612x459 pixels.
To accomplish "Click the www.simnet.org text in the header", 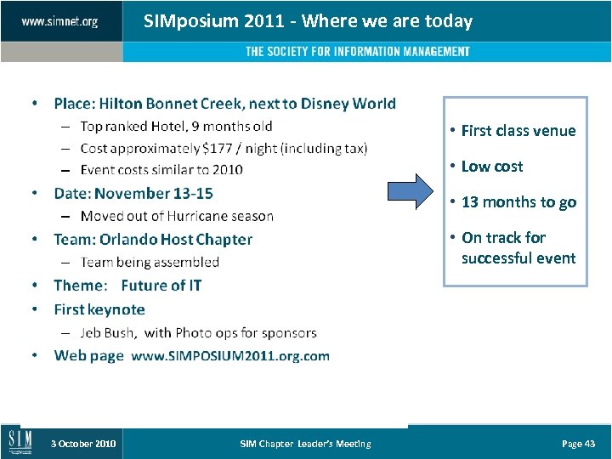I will tap(59, 21).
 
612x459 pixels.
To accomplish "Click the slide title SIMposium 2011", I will tap(308, 21).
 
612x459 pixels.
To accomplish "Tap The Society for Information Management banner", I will tap(357, 52).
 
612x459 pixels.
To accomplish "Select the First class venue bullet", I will tap(518, 131).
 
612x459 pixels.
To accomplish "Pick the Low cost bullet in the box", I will tap(491, 167).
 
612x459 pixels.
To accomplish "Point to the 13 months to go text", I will tap(518, 202).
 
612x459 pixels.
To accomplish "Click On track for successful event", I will tap(518, 247).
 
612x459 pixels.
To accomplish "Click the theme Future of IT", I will tap(161, 286).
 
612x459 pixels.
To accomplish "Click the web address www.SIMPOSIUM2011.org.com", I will tap(230, 355).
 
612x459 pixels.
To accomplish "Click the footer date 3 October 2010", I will tap(83, 444).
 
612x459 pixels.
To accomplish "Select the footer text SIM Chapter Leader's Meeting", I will tap(305, 444).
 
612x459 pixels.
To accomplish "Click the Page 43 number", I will tap(578, 444).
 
